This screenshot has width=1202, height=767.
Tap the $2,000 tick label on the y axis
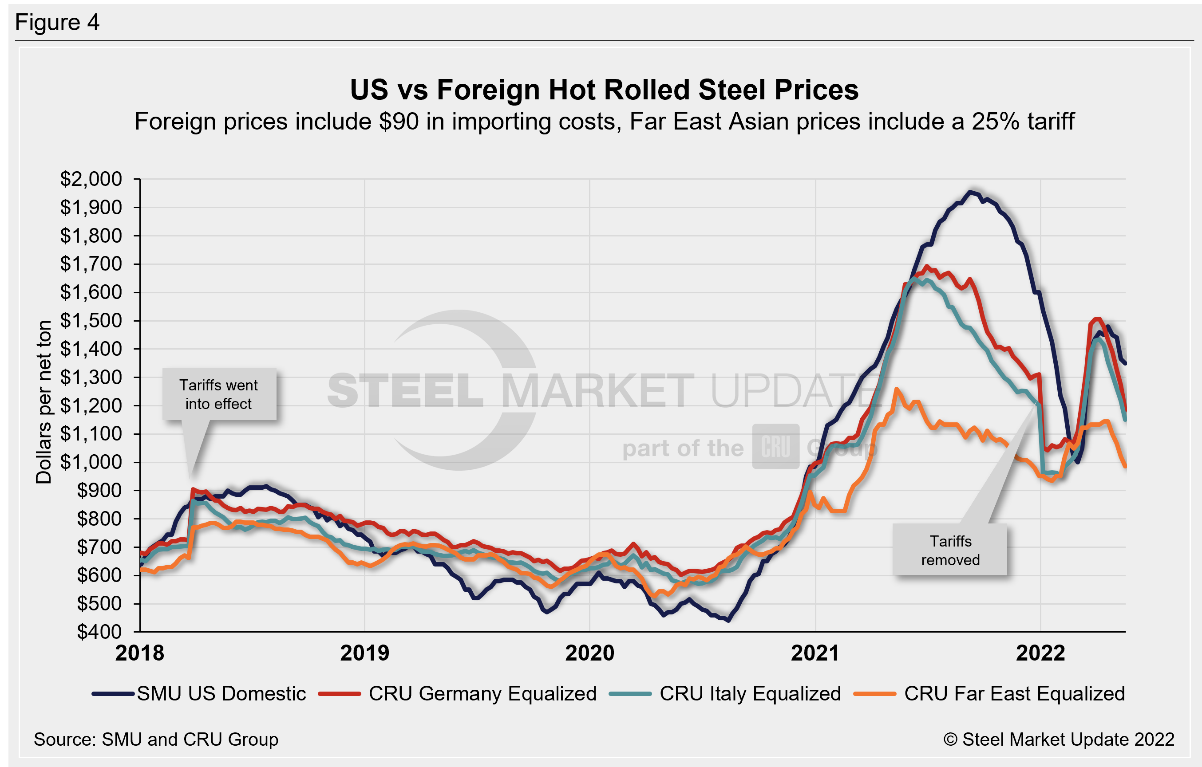(91, 179)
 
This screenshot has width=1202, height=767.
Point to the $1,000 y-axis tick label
(91, 462)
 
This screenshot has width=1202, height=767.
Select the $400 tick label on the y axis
(99, 632)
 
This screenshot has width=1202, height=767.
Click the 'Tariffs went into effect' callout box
(219, 394)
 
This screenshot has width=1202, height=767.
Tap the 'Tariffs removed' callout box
(950, 550)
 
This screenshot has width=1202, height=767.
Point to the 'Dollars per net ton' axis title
(44, 402)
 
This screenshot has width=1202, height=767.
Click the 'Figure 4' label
(57, 23)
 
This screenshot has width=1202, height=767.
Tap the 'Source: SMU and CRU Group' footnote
(156, 739)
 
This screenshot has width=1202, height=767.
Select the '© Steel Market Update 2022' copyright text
(1058, 739)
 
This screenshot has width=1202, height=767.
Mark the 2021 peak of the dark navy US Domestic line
(971, 192)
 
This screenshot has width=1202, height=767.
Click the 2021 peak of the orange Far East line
(897, 389)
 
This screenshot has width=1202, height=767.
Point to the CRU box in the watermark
(776, 447)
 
